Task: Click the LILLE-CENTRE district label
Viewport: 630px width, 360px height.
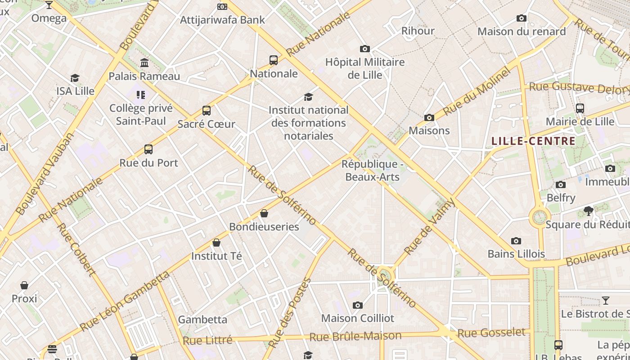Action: pos(533,141)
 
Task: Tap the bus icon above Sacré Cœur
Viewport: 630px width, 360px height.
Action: pos(207,110)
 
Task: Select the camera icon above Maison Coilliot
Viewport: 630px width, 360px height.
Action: pos(357,306)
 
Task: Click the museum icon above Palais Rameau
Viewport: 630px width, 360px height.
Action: pos(144,63)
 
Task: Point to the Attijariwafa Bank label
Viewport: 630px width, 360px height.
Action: pos(222,20)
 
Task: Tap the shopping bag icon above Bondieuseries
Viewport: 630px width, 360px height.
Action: pos(264,213)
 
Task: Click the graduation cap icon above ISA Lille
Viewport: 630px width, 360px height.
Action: pos(75,78)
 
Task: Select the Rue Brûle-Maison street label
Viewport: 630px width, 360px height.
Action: pos(355,336)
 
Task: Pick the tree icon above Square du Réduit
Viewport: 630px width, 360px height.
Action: pos(588,211)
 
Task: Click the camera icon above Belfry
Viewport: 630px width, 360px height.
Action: pos(561,184)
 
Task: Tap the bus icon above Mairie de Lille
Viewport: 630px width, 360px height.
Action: pos(580,108)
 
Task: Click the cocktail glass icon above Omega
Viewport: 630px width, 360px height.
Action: pos(49,5)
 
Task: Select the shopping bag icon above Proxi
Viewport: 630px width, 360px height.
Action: pos(24,285)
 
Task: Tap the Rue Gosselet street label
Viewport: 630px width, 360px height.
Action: pos(491,333)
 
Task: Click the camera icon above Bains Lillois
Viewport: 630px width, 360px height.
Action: pos(516,241)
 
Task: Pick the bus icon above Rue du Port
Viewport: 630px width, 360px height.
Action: pos(148,149)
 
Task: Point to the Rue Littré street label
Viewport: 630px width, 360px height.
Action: pos(207,340)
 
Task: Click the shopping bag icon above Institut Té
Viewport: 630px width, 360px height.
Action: pos(216,243)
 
